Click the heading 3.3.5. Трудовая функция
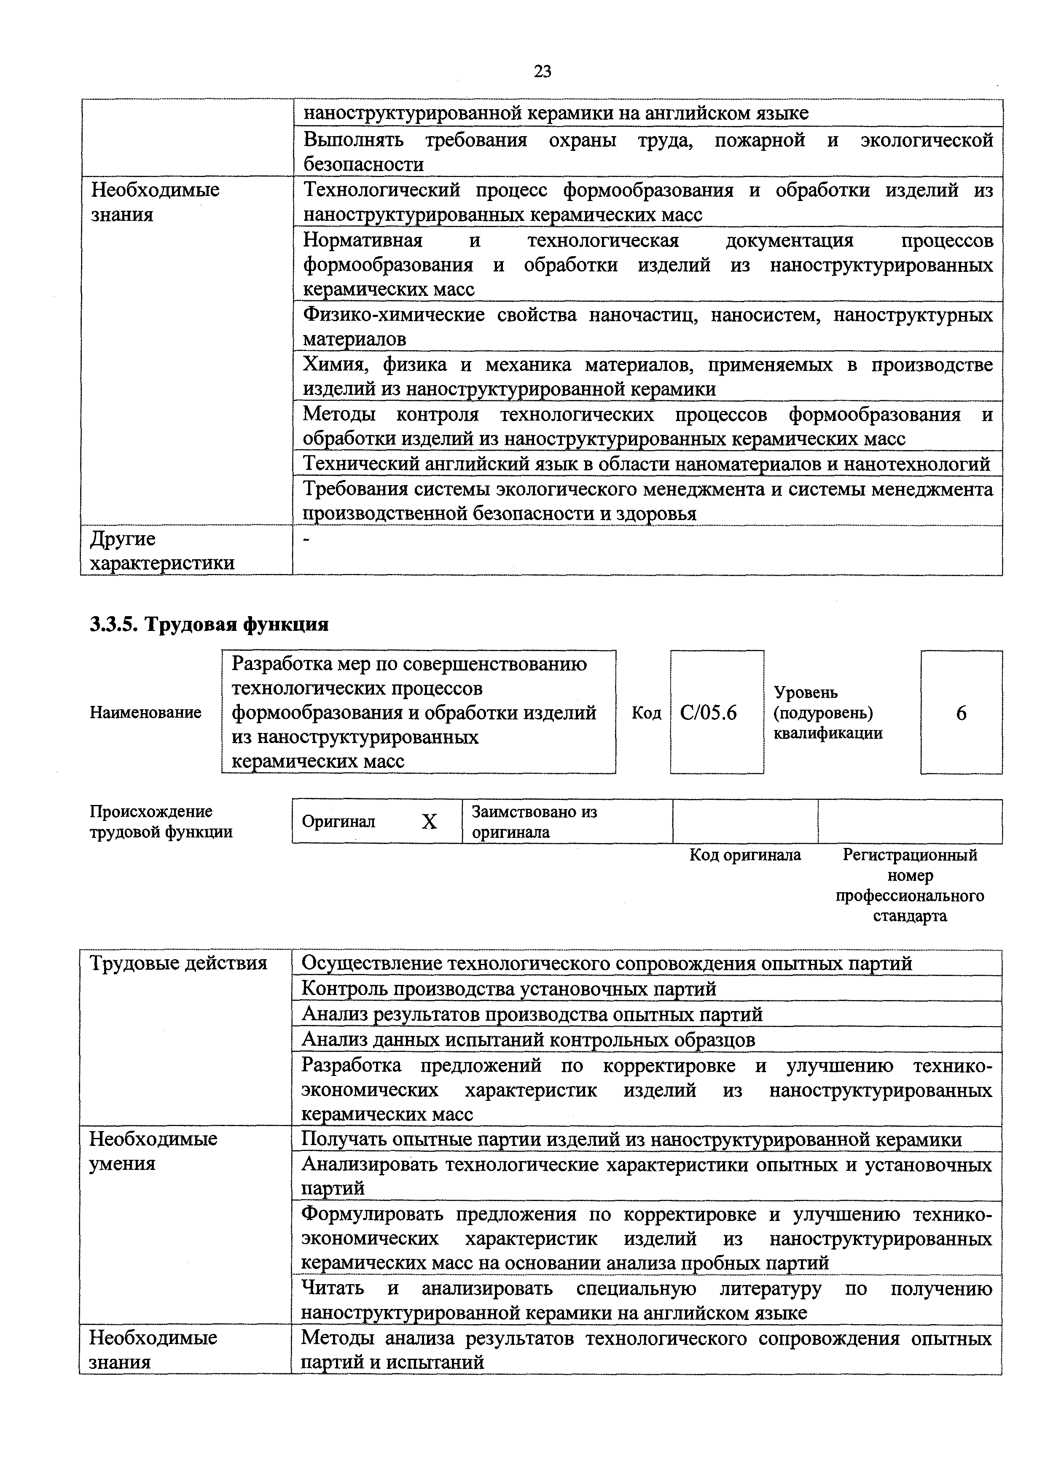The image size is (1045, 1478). pos(209,624)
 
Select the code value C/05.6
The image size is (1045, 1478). pos(708,713)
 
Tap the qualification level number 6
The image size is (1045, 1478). pos(961,713)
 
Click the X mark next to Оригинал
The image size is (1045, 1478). pos(429,821)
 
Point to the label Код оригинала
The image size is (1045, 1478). pos(745,855)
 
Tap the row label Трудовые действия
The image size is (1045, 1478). pos(178,963)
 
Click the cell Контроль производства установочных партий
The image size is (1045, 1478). pos(509,988)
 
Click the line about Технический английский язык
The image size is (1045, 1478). pos(646,464)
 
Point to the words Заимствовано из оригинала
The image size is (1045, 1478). pos(534,821)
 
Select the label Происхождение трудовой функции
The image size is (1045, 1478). pos(161,821)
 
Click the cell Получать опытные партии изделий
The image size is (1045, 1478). pos(631,1140)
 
